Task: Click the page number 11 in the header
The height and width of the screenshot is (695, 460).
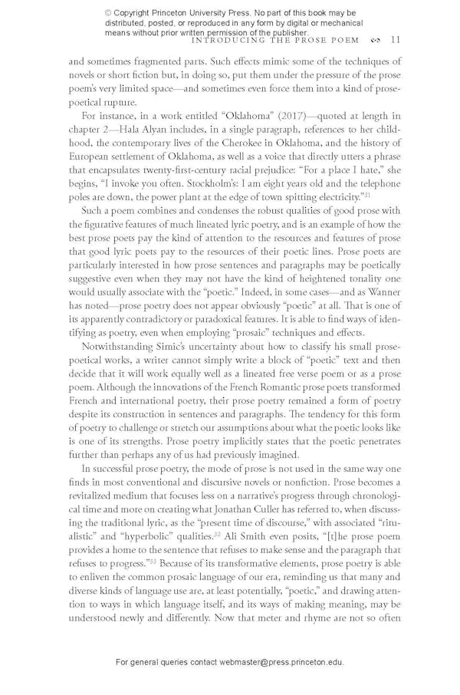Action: tap(394, 40)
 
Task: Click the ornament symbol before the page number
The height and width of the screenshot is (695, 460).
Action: tap(374, 40)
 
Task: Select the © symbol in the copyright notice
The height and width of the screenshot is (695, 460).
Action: tap(108, 13)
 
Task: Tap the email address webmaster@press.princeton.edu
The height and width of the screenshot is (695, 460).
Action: tap(278, 661)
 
